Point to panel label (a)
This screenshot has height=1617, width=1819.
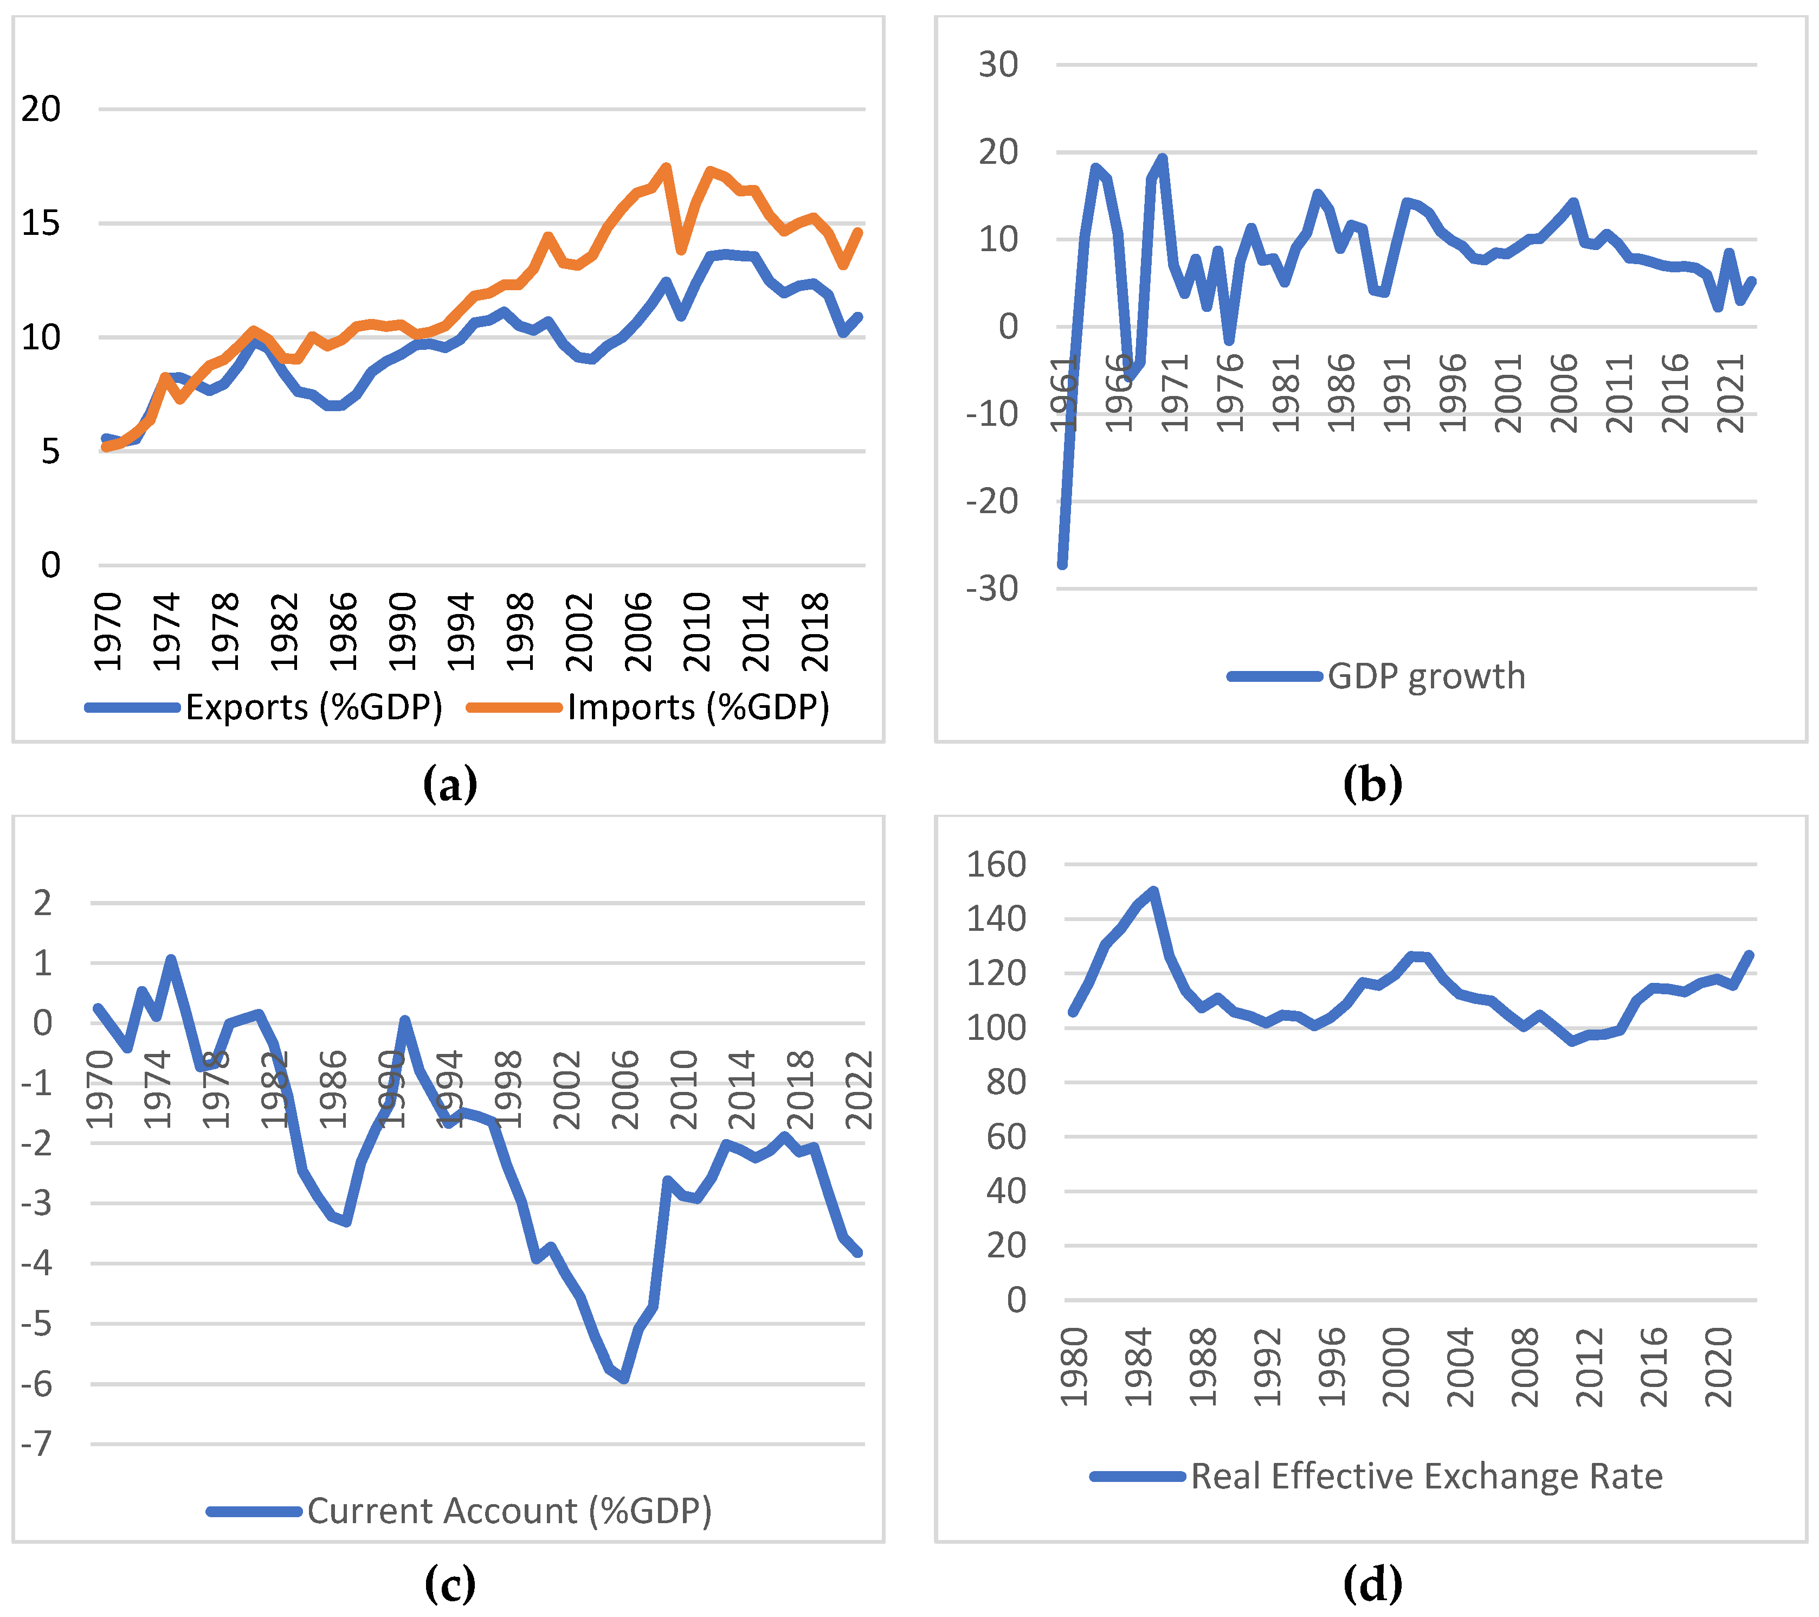coord(449,784)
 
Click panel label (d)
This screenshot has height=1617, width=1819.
coord(1372,1583)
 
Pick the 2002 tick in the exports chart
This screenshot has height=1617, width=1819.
coord(579,632)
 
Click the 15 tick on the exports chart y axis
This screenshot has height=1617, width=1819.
coord(41,223)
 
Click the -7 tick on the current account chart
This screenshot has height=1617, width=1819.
coord(37,1443)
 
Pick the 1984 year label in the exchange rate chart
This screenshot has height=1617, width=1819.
coord(1138,1367)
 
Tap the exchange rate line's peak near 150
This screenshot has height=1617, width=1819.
coord(1153,891)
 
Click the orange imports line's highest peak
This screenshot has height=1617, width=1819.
coord(666,168)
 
